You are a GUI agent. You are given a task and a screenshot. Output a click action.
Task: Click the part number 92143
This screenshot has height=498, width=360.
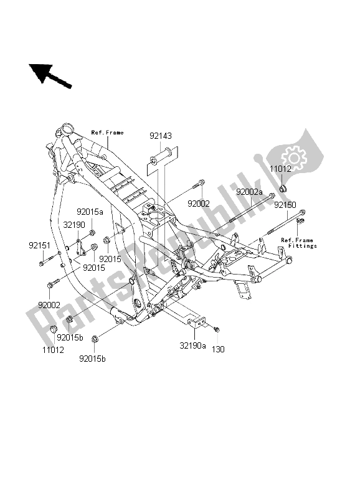(x=160, y=135)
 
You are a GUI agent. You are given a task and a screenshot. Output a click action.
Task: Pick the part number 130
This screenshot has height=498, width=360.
(x=219, y=350)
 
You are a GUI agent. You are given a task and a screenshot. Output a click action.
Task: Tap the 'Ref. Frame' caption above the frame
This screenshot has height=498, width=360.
(x=107, y=133)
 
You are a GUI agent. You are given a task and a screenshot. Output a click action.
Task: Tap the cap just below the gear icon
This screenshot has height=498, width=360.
(x=283, y=188)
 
